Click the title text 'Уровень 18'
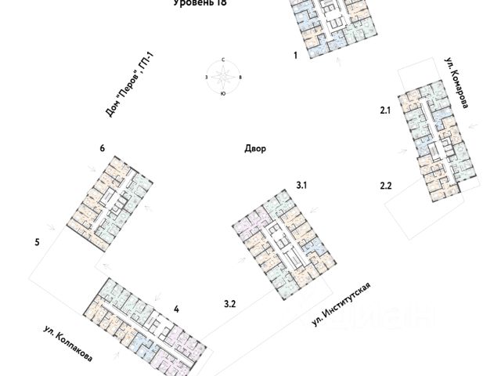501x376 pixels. [x=197, y=4]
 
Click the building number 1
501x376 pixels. [x=295, y=56]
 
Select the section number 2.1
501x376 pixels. [x=384, y=112]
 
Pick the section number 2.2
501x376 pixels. [x=384, y=185]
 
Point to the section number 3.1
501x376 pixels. [x=302, y=185]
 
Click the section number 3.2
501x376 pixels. [x=230, y=302]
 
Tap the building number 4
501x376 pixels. [x=177, y=309]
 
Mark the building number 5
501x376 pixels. [x=37, y=242]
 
